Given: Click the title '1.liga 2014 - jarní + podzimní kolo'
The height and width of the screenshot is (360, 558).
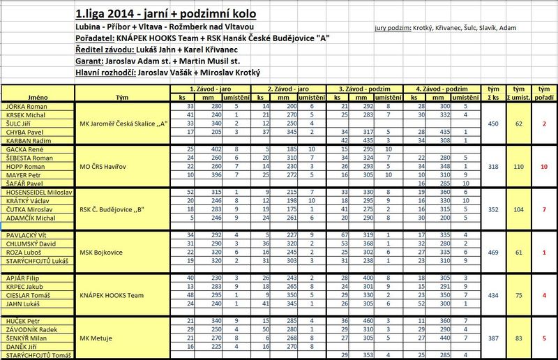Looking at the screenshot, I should [x=166, y=14].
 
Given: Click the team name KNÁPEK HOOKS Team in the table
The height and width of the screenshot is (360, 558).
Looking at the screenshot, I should [x=111, y=295].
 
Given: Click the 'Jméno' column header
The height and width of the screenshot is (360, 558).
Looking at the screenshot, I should [x=37, y=97].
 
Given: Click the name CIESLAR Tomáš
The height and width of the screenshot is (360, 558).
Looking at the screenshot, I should [x=27, y=295].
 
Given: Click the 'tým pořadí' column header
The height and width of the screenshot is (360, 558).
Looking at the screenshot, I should [x=542, y=93].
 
